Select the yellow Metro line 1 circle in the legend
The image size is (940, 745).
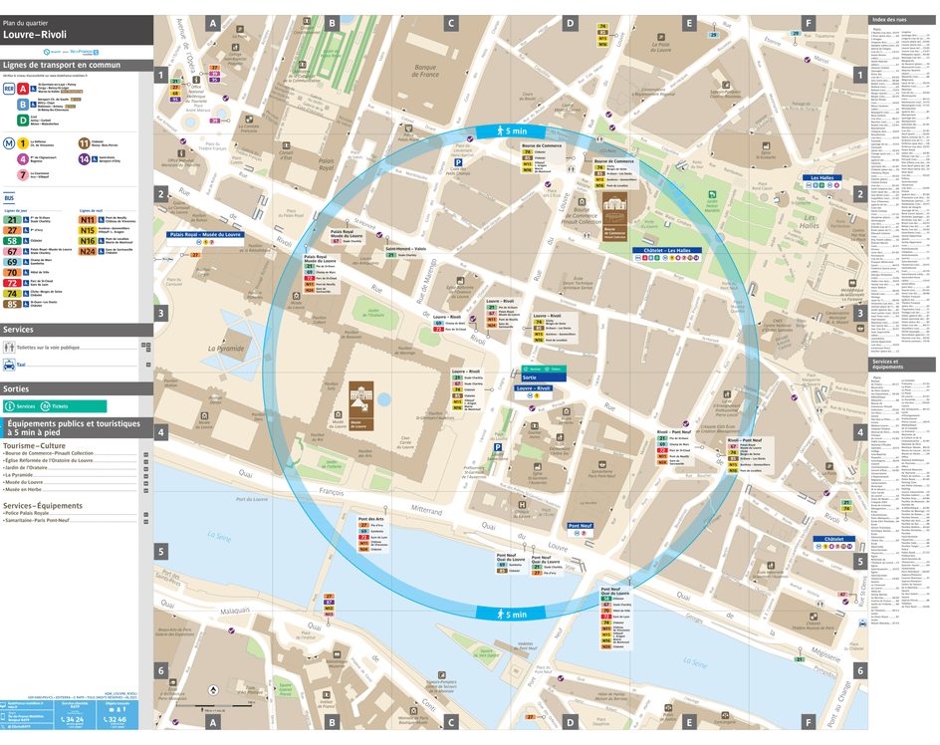point(22,143)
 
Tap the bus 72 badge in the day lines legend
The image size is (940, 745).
point(13,283)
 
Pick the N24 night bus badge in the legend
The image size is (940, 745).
point(88,252)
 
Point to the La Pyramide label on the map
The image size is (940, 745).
point(225,349)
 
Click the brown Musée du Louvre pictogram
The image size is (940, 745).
point(360,400)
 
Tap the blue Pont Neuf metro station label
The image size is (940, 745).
point(580,525)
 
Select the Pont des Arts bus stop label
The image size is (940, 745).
point(371,518)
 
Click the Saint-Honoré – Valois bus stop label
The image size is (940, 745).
point(405,249)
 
